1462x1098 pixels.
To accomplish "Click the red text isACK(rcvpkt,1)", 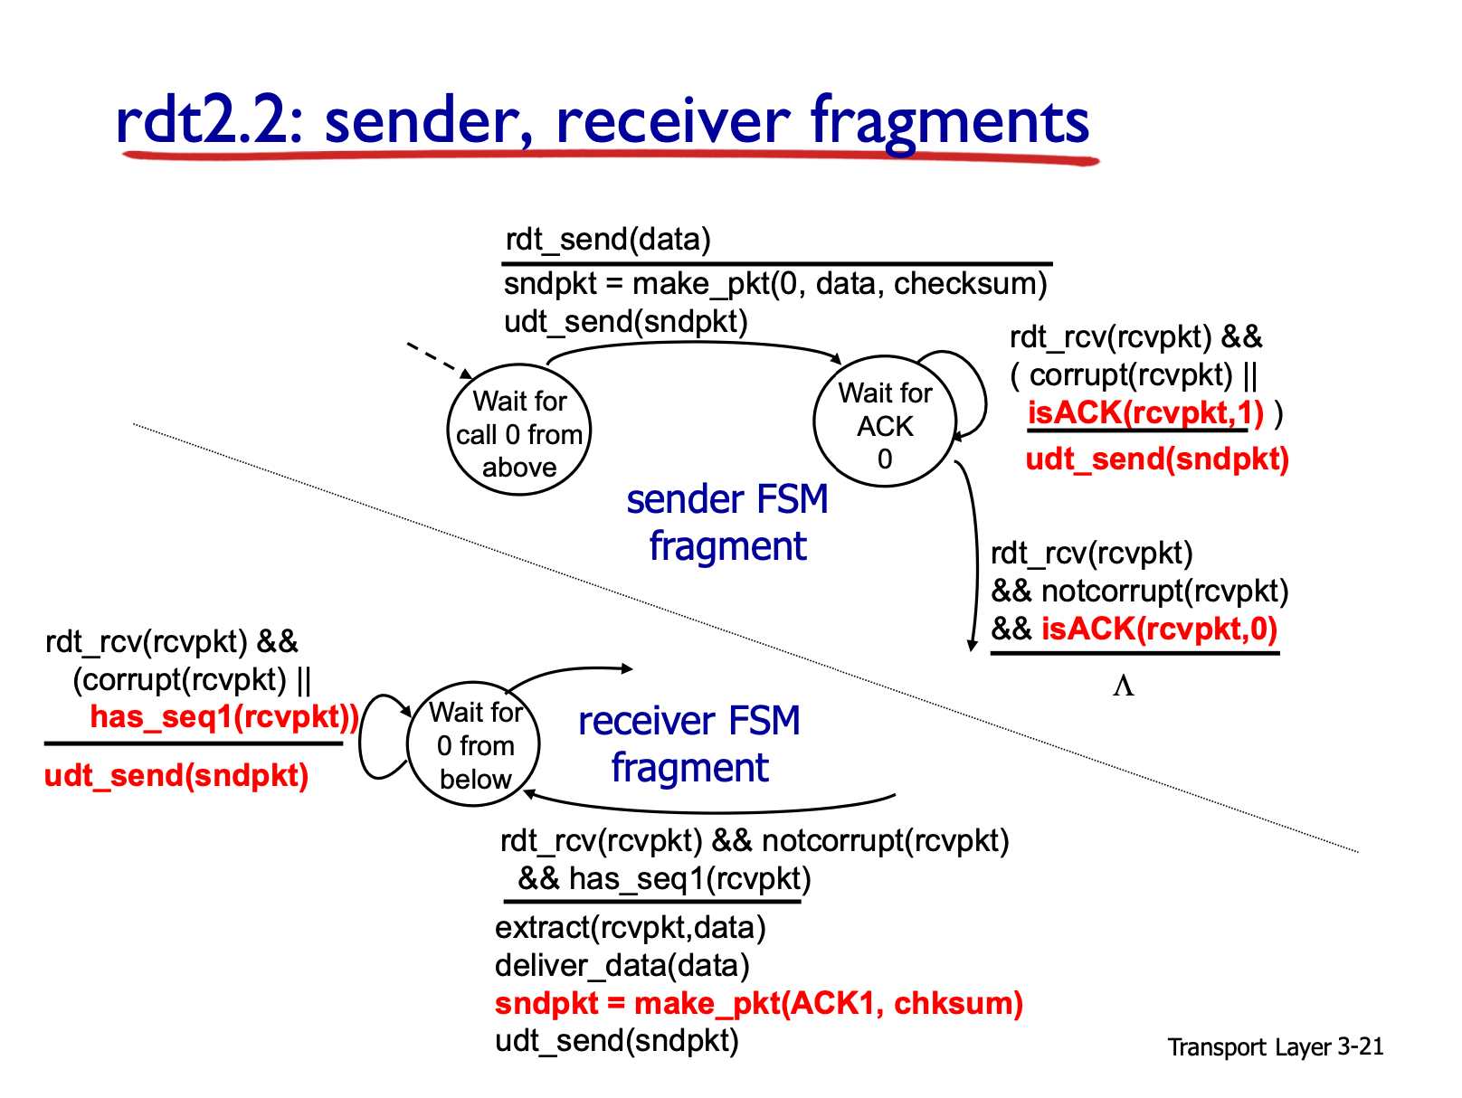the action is coord(1144,412).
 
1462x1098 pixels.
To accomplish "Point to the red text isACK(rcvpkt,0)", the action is coord(1158,629).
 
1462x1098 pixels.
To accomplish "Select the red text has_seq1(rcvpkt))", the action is coord(224,717).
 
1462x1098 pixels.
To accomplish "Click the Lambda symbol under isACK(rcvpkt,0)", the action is coord(1123,686).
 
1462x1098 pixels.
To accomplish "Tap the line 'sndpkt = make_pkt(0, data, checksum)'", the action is coord(774,284).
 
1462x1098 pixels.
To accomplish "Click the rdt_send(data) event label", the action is coord(607,239).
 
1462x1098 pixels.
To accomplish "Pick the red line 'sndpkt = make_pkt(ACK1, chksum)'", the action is coord(758,1003).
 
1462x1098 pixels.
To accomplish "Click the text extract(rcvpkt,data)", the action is coord(630,928).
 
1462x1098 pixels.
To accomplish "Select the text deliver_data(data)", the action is coord(622,965).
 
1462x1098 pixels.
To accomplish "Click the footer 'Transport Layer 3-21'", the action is coord(1275,1046).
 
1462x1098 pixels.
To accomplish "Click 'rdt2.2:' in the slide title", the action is coord(209,120).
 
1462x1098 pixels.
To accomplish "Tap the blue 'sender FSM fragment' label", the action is coord(726,523).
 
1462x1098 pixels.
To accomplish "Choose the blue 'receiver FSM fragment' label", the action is coord(688,743).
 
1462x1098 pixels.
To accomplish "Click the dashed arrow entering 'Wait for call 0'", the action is coord(439,361).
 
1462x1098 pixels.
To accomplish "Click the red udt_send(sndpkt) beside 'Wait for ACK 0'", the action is coord(1156,459).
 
